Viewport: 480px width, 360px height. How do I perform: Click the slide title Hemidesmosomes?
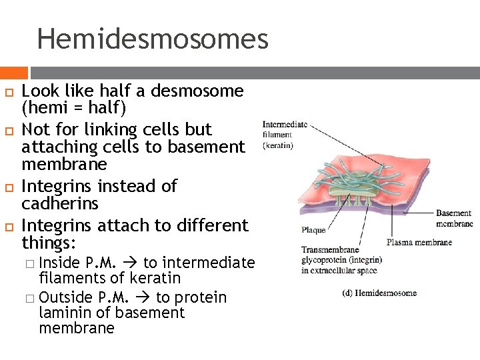pos(153,39)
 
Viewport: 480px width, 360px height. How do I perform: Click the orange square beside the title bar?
pos(13,73)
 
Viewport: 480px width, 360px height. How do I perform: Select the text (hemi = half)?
pos(73,107)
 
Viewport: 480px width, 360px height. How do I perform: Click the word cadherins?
pos(59,203)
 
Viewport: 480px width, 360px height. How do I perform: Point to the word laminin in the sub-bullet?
pos(65,313)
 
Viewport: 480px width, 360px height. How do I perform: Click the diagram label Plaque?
pos(313,230)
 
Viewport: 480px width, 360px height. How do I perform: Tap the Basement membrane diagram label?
pos(454,219)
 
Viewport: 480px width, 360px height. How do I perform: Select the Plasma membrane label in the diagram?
pos(419,242)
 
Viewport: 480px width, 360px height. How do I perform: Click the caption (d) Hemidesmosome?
pos(379,293)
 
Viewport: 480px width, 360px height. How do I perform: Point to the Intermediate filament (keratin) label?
pos(285,135)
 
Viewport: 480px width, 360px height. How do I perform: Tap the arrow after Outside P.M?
pos(145,297)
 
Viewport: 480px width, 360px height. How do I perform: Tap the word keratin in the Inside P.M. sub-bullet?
pos(156,278)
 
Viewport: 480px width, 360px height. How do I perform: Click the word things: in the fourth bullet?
pos(49,241)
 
